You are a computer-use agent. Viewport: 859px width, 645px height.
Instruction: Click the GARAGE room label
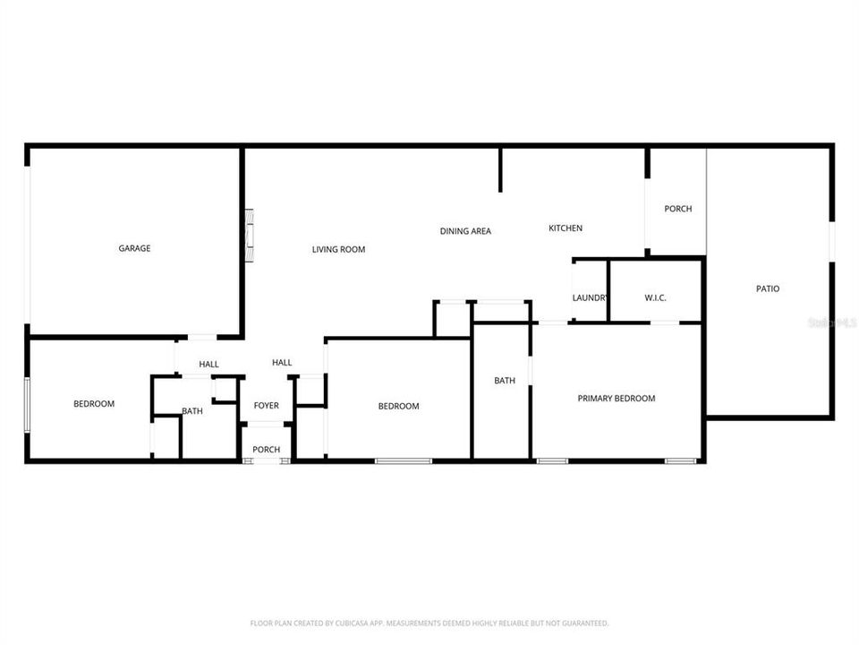[x=134, y=248]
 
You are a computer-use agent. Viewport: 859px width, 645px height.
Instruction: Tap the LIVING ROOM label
[x=338, y=249]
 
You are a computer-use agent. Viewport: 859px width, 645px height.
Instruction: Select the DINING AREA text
[x=465, y=231]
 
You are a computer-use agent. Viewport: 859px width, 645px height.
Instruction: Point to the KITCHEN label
[x=566, y=228]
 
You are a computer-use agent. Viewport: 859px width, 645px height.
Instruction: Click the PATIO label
[x=768, y=288]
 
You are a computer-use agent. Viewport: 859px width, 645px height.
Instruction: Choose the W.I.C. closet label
[x=655, y=297]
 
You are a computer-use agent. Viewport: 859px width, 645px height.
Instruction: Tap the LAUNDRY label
[x=591, y=297]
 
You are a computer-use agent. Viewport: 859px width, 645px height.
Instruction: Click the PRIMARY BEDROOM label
[x=617, y=399]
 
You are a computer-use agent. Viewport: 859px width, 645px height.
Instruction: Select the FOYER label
[x=266, y=406]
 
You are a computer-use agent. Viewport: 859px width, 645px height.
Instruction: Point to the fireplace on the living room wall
[x=250, y=236]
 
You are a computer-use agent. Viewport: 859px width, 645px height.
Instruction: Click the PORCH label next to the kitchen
[x=677, y=209]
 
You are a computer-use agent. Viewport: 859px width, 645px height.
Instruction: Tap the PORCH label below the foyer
[x=266, y=450]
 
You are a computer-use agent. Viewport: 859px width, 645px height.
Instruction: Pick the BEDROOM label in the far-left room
[x=94, y=404]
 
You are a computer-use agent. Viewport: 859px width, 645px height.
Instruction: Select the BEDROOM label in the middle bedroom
[x=398, y=406]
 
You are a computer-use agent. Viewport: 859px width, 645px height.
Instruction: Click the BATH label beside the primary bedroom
[x=505, y=381]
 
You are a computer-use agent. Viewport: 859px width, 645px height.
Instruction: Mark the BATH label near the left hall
[x=192, y=411]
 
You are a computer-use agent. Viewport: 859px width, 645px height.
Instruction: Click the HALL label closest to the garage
[x=208, y=364]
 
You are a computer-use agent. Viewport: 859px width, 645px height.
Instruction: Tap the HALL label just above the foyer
[x=282, y=362]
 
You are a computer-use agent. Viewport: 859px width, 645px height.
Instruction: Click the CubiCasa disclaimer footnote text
[x=429, y=623]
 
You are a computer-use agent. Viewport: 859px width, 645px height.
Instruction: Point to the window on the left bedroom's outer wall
[x=28, y=404]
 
